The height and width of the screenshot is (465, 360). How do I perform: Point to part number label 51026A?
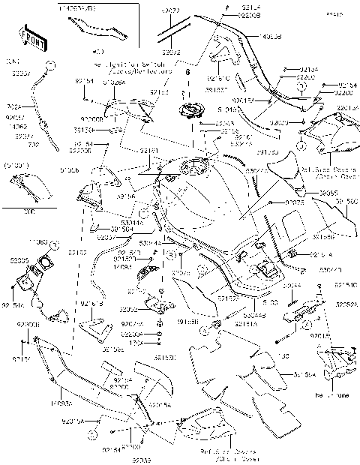point(115,85)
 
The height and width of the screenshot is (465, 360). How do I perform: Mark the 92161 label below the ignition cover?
point(148,151)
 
